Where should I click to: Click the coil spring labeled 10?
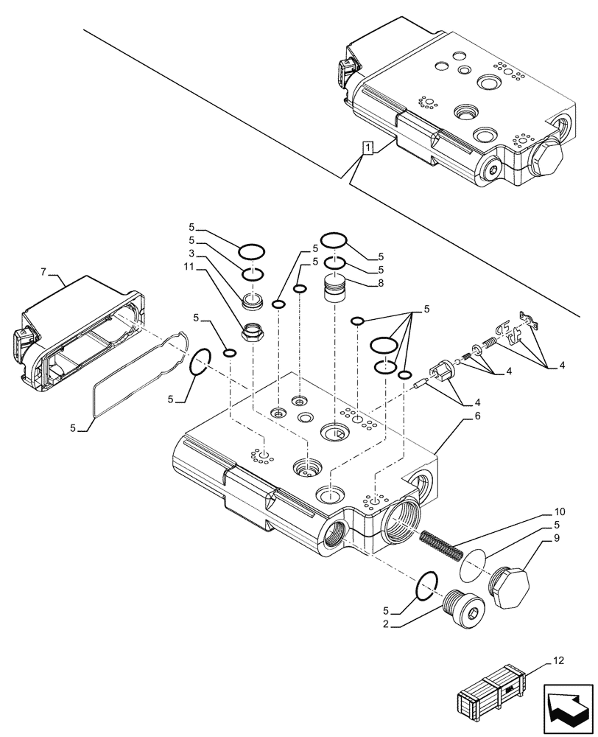440,546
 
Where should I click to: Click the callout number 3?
191,254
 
